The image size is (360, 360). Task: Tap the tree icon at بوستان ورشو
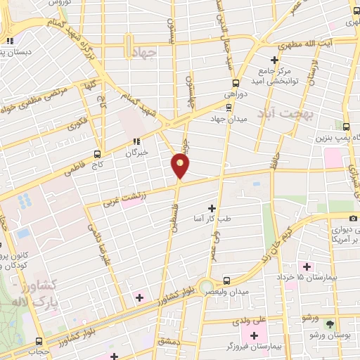coord(330,324)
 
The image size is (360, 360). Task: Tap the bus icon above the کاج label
coord(97,153)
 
